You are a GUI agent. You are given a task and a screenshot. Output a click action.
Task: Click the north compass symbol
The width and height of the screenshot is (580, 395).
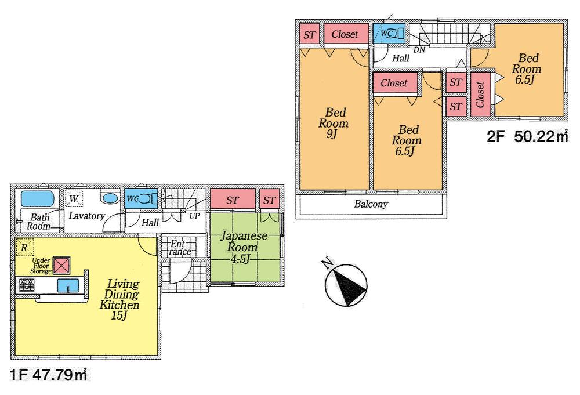(346, 284)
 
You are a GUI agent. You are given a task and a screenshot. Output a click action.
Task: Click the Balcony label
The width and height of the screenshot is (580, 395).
(371, 205)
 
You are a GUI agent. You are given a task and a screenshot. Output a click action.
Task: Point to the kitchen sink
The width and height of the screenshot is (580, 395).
(68, 285)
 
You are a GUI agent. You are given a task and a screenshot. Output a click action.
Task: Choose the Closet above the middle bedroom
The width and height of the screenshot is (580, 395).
(394, 84)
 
